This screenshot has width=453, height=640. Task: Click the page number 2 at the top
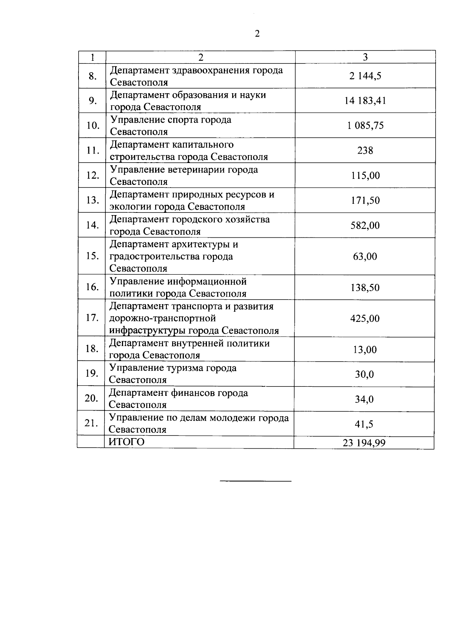(257, 34)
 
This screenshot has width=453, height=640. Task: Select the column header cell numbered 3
(365, 57)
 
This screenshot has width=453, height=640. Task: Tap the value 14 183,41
(365, 101)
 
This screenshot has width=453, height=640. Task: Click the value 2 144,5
(365, 76)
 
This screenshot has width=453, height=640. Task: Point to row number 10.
(92, 125)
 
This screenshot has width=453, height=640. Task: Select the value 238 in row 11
(365, 151)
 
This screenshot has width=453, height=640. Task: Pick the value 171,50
(365, 200)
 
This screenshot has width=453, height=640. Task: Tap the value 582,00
(365, 225)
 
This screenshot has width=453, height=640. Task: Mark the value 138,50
(365, 288)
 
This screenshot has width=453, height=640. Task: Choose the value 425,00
(365, 318)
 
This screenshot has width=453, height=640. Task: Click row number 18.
(92, 349)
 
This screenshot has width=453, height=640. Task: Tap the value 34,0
(364, 399)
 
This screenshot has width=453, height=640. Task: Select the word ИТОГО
(126, 442)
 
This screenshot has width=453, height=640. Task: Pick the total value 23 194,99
(364, 443)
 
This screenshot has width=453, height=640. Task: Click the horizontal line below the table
(256, 481)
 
